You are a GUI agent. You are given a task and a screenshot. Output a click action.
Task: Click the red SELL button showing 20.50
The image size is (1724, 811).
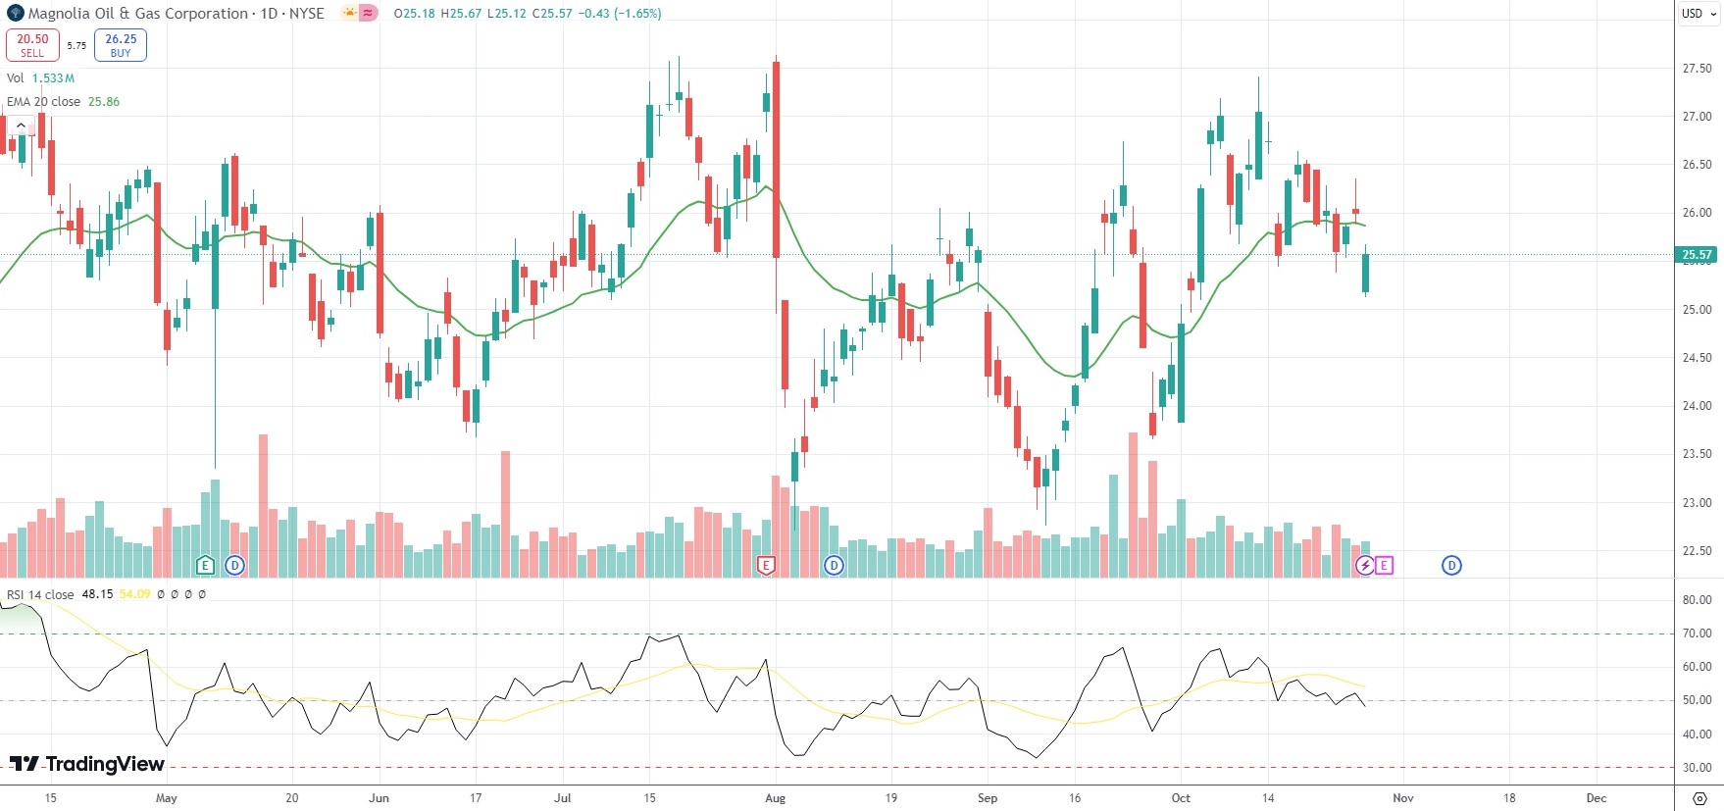[x=32, y=45]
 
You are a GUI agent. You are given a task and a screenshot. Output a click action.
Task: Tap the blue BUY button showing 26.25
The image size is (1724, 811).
[x=121, y=45]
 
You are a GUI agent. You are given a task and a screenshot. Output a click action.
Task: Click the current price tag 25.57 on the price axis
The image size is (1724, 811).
[x=1697, y=255]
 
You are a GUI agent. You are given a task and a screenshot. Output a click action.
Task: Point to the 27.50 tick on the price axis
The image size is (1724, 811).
[x=1697, y=69]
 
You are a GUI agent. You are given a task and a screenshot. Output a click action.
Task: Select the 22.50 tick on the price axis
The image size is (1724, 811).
[x=1697, y=551]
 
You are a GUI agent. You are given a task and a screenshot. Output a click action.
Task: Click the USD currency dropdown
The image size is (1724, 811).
[x=1699, y=14]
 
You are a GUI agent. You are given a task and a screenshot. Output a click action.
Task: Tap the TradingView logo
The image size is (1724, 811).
[x=87, y=764]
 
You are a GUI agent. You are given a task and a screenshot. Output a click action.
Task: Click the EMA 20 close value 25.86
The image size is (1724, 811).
[x=104, y=102]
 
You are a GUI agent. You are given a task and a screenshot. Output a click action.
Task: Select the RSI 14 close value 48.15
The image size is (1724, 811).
[x=97, y=594]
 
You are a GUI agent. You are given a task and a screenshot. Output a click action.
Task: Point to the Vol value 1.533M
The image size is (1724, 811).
[x=53, y=78]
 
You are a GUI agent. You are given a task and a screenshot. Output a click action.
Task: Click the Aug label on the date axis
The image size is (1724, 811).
[x=775, y=798]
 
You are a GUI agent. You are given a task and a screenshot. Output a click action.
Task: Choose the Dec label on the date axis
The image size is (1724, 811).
[x=1597, y=798]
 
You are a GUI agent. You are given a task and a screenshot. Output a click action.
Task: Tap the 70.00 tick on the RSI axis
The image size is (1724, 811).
[x=1697, y=634]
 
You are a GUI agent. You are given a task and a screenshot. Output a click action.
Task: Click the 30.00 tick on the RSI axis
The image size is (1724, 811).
[x=1697, y=768]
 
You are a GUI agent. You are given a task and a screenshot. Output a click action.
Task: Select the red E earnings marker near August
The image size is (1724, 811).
[x=766, y=565]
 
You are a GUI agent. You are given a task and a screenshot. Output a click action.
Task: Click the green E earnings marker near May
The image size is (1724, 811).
[x=205, y=565]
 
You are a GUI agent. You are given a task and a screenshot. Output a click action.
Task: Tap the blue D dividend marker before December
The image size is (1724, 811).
[x=1451, y=565]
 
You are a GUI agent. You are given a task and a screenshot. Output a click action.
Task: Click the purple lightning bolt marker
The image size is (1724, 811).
[x=1364, y=565]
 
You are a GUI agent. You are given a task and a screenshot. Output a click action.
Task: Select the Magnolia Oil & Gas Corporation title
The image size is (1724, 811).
[x=137, y=14]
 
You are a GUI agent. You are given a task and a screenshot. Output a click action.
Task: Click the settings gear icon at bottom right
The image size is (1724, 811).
[x=1699, y=798]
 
